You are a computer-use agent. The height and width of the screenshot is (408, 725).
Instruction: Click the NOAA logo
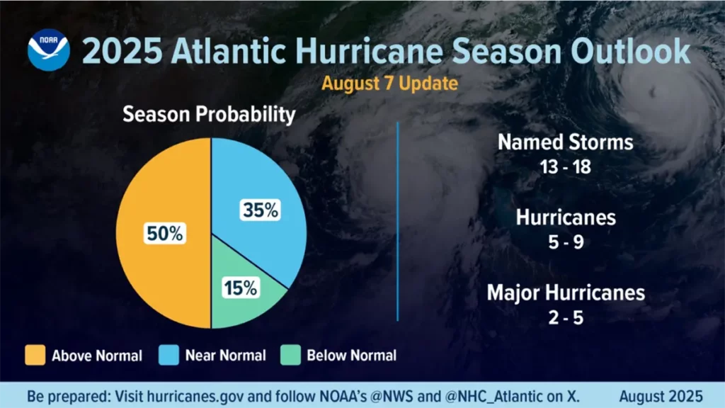click(49, 50)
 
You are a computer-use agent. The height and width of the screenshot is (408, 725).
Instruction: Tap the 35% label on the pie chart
click(261, 210)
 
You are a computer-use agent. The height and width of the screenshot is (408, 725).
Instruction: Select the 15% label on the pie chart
click(241, 288)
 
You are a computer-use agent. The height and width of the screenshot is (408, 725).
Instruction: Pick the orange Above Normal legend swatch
click(35, 354)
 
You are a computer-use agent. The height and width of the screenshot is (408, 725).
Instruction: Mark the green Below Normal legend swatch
click(290, 354)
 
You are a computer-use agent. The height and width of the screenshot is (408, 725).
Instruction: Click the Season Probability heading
click(208, 114)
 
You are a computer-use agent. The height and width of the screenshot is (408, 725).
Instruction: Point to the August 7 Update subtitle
click(389, 83)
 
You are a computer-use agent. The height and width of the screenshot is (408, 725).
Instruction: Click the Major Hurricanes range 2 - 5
click(564, 318)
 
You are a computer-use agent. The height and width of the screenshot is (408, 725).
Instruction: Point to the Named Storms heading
click(565, 142)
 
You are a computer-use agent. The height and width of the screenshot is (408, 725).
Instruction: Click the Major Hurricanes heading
click(565, 292)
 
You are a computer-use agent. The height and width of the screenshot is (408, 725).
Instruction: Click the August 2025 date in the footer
click(661, 395)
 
